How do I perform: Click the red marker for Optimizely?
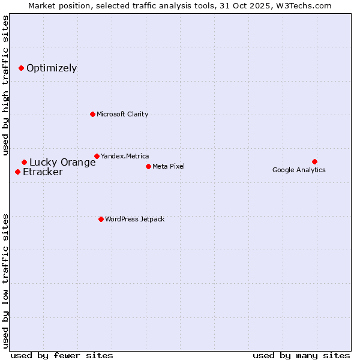tap(21, 68)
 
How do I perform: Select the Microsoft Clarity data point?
tap(92, 114)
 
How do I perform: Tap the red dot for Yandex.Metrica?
tap(97, 156)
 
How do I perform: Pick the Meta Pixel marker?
tap(148, 166)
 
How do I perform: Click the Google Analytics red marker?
tap(314, 161)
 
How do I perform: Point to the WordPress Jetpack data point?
tap(101, 219)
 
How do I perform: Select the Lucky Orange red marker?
tap(24, 162)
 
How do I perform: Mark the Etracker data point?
tap(17, 172)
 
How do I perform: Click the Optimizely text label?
tap(52, 68)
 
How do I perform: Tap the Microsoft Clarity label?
tap(122, 114)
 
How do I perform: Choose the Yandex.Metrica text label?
tap(125, 156)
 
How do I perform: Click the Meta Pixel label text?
tap(169, 166)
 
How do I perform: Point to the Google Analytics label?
tap(299, 170)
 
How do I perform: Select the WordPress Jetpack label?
tap(134, 219)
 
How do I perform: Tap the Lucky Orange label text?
tap(62, 162)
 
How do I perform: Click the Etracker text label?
tap(43, 172)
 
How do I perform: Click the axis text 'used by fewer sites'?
tap(62, 355)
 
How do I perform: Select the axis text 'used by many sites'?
tap(301, 355)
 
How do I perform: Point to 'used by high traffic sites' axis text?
tap(5, 85)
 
